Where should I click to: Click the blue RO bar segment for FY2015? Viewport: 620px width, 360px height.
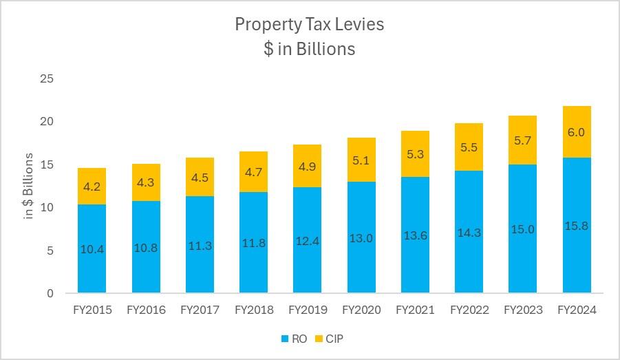92,227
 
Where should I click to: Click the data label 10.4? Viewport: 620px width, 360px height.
92,249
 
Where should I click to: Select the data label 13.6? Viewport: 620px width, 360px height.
415,235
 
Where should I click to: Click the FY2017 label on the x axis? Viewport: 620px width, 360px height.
200,310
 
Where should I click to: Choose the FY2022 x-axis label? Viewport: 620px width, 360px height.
469,310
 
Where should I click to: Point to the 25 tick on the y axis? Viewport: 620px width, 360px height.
47,78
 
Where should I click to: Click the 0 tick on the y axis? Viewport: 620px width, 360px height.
50,293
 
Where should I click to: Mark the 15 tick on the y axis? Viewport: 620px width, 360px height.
47,165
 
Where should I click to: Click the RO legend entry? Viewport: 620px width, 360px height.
293,339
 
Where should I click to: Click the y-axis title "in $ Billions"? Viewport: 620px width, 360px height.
28,186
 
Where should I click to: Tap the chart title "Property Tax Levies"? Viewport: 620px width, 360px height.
310,24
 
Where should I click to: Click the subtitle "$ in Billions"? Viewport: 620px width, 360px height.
310,49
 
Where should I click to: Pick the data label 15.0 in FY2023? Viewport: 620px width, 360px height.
523,229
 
